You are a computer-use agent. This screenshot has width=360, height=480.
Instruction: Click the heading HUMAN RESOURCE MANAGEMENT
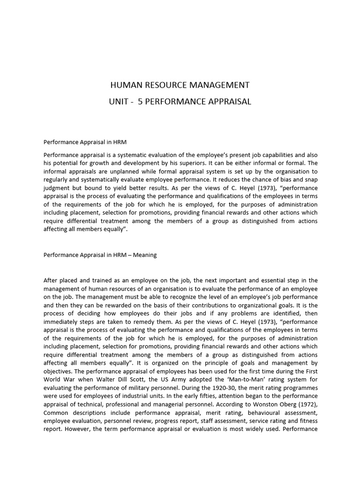[x=180, y=85]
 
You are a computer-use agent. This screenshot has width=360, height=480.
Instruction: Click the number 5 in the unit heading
[x=140, y=102]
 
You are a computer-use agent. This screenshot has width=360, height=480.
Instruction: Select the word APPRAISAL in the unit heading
[x=228, y=102]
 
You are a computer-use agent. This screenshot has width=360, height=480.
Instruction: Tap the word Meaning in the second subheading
[x=145, y=255]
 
